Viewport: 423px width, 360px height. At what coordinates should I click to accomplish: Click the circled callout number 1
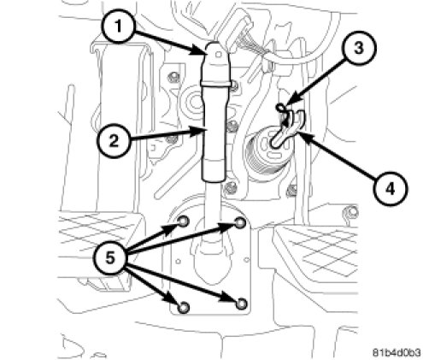point(117,27)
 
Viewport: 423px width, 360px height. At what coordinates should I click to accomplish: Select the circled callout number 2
point(114,141)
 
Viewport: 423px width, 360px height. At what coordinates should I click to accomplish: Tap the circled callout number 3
point(359,48)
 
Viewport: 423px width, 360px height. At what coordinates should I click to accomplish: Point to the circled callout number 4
point(391,188)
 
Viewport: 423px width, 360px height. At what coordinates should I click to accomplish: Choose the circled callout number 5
point(110,258)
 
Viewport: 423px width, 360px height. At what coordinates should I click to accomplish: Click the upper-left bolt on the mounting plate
point(183,221)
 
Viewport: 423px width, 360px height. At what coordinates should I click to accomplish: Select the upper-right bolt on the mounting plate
point(240,222)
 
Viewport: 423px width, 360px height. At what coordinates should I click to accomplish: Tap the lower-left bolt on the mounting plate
point(183,307)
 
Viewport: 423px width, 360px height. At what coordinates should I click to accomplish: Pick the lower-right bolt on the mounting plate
point(241,304)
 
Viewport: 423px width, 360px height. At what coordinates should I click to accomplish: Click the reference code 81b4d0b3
point(397,352)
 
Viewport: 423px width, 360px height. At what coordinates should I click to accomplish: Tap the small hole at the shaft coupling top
point(219,54)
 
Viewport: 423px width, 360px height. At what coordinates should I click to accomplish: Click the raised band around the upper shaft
point(215,84)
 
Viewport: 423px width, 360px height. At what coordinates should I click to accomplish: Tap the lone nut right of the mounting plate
point(352,212)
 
